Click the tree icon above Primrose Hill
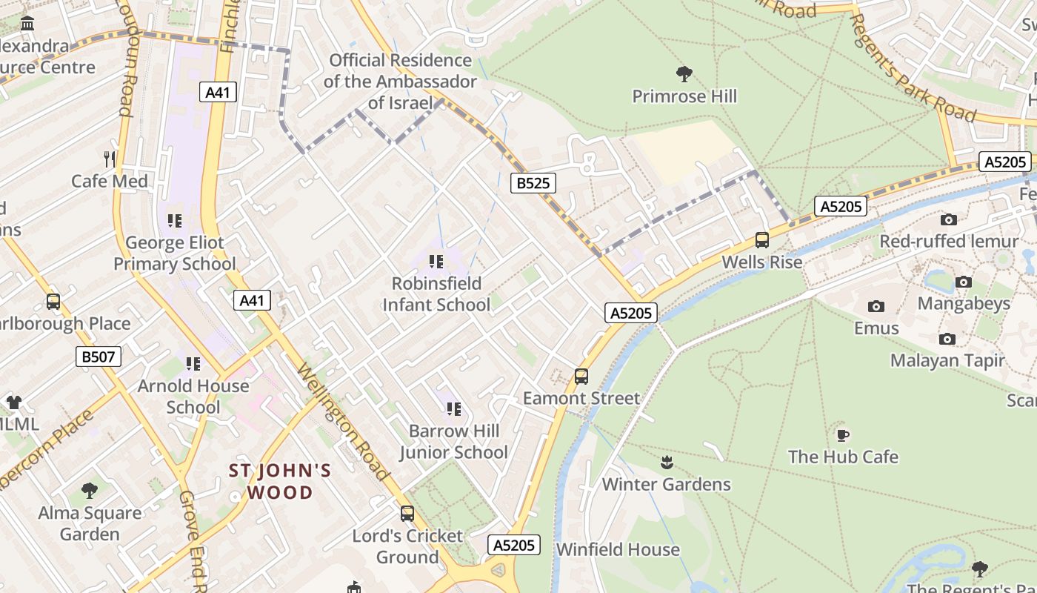(x=684, y=73)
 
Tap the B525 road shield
(x=533, y=183)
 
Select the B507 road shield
(x=98, y=357)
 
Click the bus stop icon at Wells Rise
(x=761, y=240)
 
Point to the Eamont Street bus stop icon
(x=581, y=377)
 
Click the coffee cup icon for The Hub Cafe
(x=842, y=435)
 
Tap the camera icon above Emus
(x=876, y=306)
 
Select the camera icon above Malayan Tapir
(x=947, y=339)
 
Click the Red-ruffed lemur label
(x=948, y=242)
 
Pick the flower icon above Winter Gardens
(x=667, y=463)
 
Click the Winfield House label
(x=618, y=549)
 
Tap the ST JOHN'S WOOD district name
(x=280, y=481)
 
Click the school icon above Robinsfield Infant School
(x=436, y=261)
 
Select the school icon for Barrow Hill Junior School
(x=454, y=408)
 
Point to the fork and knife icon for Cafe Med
(x=110, y=159)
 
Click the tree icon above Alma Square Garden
(x=90, y=490)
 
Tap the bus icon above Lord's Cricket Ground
(x=407, y=513)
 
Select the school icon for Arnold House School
(x=193, y=363)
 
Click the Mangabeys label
(x=964, y=303)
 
